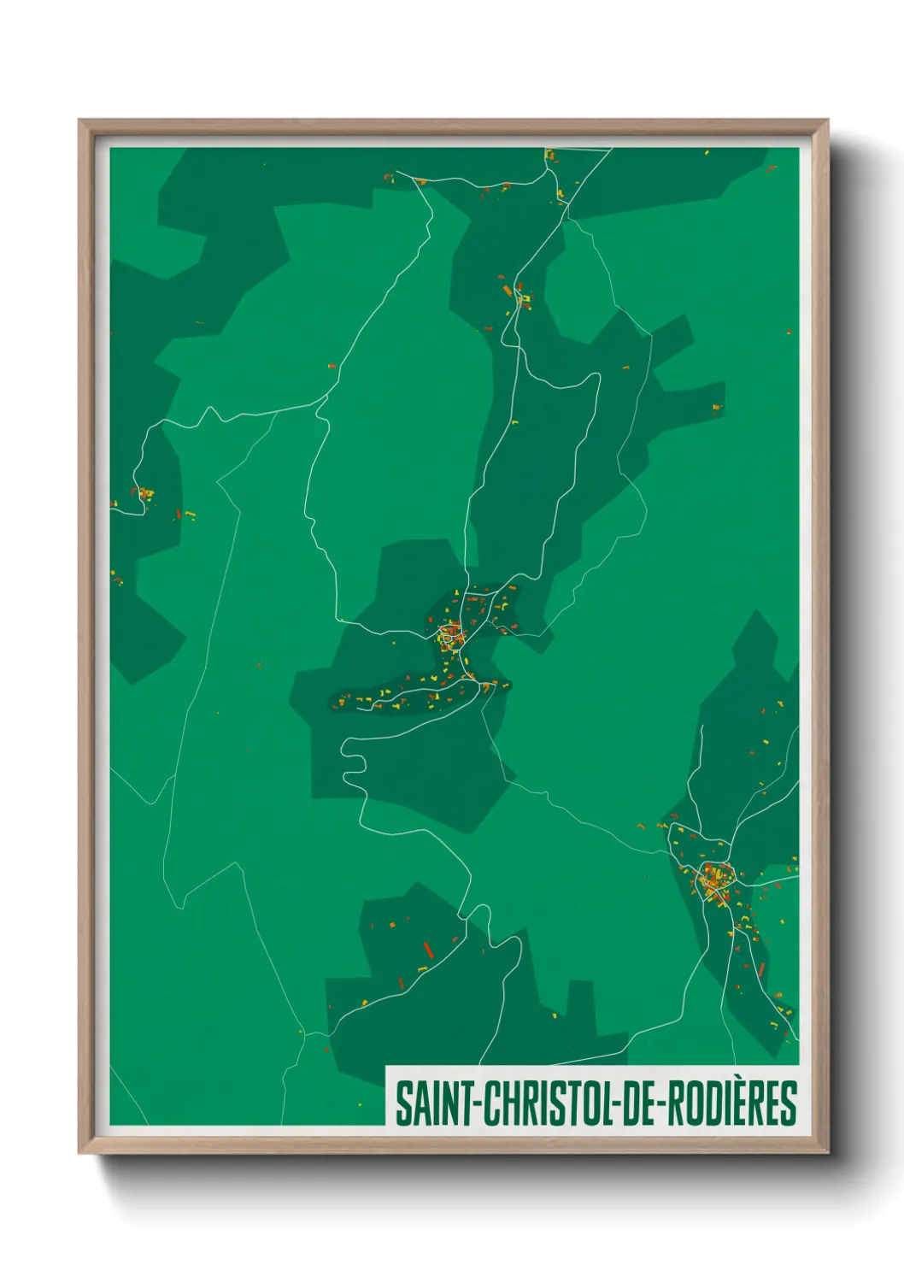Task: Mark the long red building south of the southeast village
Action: point(760,970)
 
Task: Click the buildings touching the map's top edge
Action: point(549,155)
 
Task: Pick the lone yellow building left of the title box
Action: point(301,1033)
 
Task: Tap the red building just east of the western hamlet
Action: point(179,515)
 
